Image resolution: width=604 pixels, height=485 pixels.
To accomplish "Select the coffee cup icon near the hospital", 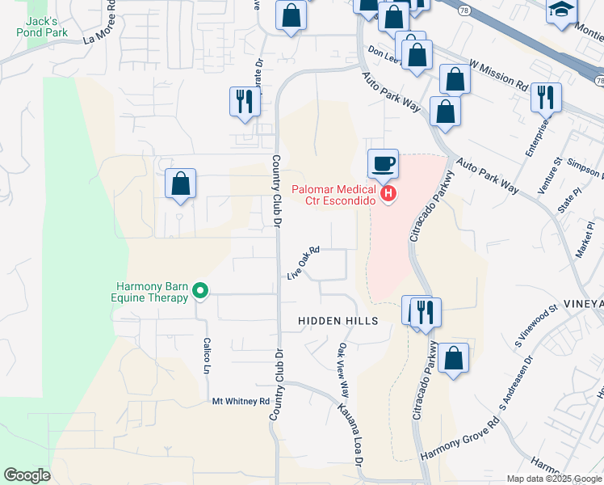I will click(383, 164).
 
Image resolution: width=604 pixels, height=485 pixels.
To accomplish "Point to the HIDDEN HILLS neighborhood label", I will click(338, 321).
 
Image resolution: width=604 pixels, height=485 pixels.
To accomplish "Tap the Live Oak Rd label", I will click(304, 264).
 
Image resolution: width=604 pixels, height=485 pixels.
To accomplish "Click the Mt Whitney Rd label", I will click(241, 401).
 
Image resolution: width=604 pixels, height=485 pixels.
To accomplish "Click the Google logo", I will click(27, 475).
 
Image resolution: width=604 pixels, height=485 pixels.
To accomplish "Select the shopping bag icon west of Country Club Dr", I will click(181, 183).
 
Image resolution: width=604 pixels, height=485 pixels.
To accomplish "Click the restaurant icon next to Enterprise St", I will click(546, 97).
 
